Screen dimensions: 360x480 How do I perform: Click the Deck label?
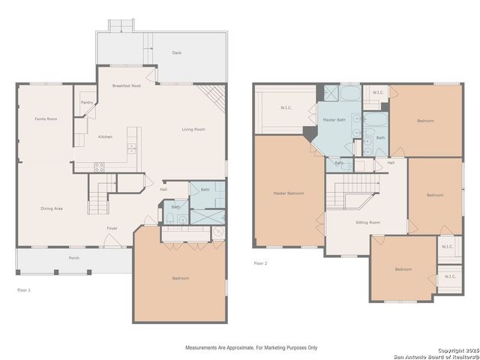coord(177,53)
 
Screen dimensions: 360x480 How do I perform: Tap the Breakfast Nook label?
coord(127,86)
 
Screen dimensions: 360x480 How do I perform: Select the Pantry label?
coord(87,103)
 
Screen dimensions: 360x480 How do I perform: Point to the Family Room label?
coord(46,118)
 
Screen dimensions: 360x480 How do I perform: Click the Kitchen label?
coord(105,136)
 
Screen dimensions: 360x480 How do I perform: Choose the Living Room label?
coord(193,129)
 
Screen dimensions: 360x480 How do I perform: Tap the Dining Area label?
coord(52,208)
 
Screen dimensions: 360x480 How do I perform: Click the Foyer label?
coord(112,227)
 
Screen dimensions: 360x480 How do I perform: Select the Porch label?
coord(73,258)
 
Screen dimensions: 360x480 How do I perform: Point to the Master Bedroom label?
coord(288,193)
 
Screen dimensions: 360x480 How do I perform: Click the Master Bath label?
coord(334,120)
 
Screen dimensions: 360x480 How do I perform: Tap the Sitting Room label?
coord(367,222)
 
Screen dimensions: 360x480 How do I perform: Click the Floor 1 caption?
coord(24,289)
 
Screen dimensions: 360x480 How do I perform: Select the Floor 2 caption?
coord(260,263)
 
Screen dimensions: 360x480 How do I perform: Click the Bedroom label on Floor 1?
coord(181,278)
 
